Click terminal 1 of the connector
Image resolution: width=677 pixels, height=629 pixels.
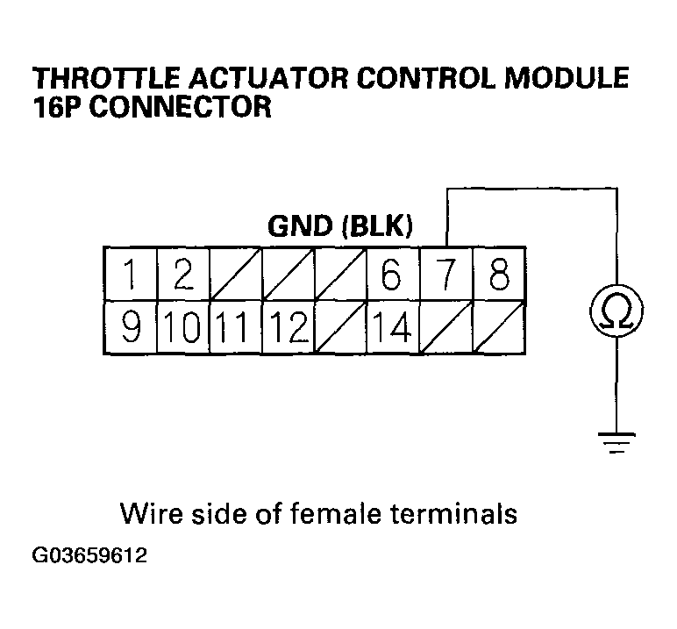tap(130, 275)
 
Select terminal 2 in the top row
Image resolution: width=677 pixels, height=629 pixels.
tap(182, 275)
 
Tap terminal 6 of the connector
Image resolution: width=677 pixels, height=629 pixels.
tap(392, 275)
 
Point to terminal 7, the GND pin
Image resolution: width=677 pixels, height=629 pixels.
tap(446, 275)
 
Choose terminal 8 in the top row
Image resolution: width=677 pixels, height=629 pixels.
tap(498, 275)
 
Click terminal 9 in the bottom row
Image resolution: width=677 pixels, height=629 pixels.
tap(130, 327)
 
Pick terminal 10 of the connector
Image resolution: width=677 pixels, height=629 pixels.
tap(182, 327)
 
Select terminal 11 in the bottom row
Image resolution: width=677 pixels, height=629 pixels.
tap(235, 327)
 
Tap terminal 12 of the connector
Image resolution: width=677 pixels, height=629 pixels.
tap(289, 327)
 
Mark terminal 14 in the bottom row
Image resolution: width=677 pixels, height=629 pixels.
tap(392, 327)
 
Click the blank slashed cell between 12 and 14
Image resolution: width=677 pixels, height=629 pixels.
tap(340, 327)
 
